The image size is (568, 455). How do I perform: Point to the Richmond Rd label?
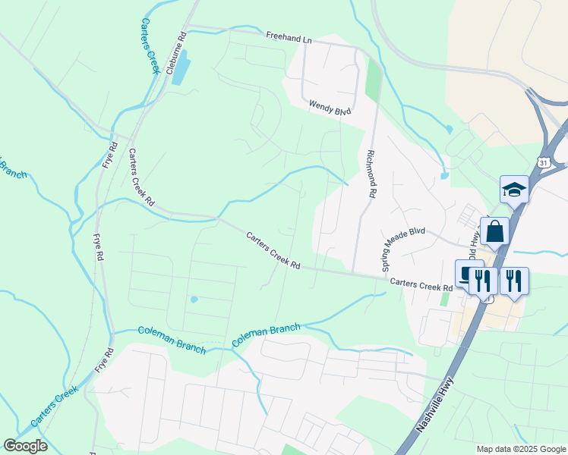[x=371, y=174]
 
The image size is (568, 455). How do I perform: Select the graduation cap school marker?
[x=514, y=190]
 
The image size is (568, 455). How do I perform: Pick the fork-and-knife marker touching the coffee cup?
[x=483, y=280]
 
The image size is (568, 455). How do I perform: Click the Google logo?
[x=25, y=446]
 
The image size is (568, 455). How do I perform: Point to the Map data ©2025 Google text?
[x=520, y=449]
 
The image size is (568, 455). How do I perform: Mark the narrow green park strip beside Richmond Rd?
[x=372, y=80]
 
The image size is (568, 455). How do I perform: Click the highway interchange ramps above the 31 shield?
[x=548, y=114]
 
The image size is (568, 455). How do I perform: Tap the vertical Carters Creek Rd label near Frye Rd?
[x=140, y=177]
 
